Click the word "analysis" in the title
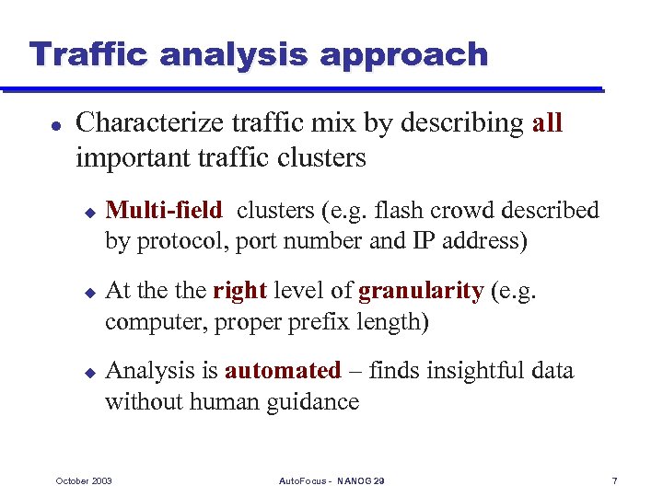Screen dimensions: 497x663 [236, 54]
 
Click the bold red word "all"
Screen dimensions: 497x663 [547, 123]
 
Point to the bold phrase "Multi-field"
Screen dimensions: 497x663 [164, 211]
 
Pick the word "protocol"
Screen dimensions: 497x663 [182, 242]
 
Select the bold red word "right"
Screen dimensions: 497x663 [239, 292]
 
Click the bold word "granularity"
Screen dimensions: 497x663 [420, 292]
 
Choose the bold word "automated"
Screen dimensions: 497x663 [283, 371]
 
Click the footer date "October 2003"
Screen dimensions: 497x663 [84, 481]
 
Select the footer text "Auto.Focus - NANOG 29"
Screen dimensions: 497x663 [331, 481]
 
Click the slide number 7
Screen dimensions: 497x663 [614, 481]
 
